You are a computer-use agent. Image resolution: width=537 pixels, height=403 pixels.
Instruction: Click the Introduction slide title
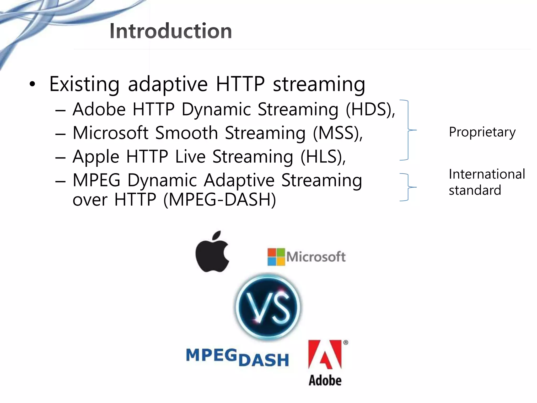click(x=171, y=31)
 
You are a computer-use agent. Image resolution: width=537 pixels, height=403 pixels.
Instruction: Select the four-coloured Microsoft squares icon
click(x=276, y=257)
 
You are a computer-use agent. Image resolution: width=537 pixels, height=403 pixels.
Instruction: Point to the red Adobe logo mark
click(x=325, y=355)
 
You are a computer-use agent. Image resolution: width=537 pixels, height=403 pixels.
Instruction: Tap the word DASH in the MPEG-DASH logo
click(x=264, y=360)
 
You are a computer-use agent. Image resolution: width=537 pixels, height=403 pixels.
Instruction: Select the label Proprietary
click(x=482, y=132)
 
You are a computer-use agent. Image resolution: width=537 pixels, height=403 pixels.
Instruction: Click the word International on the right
click(x=487, y=174)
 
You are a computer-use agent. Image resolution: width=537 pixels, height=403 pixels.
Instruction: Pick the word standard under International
click(x=475, y=190)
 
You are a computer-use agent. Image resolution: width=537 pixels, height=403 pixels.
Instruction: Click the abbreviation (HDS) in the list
click(x=370, y=109)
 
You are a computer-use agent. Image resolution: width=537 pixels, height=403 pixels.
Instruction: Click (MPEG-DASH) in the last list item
click(x=220, y=200)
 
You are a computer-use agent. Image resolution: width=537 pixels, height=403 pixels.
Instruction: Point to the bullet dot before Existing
click(x=32, y=84)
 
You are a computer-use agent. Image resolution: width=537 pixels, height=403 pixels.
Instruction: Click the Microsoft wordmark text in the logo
click(x=316, y=257)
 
